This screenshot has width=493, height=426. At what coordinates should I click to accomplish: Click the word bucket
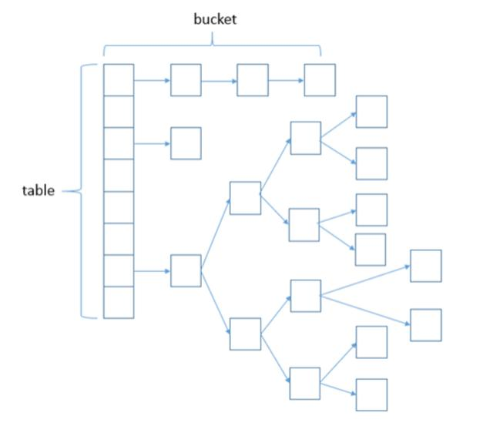tap(215, 19)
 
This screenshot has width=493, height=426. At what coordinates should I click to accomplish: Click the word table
tap(39, 191)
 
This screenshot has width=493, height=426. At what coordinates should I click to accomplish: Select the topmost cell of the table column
tap(119, 80)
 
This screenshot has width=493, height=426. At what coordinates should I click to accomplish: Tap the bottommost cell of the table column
tap(119, 303)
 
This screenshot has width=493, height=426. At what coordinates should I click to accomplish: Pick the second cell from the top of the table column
tap(119, 112)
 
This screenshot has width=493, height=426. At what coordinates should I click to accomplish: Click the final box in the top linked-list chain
tap(320, 80)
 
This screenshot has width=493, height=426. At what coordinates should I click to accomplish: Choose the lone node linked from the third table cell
tap(186, 143)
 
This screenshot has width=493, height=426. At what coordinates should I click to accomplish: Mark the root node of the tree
tap(186, 270)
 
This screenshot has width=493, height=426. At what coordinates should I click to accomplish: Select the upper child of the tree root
tap(245, 198)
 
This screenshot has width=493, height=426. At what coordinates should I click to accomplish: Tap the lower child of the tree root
tap(245, 334)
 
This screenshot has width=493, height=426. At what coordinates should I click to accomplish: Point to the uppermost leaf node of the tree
tap(371, 112)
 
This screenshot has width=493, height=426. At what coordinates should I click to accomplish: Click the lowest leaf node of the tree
tap(371, 395)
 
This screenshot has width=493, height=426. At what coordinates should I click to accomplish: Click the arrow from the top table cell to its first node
tap(153, 80)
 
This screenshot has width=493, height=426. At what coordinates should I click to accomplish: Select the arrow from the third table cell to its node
tap(153, 144)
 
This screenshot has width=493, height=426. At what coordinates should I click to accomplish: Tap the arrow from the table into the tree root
tap(153, 271)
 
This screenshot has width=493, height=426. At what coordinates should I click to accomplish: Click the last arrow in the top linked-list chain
tap(286, 80)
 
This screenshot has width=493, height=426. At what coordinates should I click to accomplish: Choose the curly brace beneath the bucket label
tap(213, 45)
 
